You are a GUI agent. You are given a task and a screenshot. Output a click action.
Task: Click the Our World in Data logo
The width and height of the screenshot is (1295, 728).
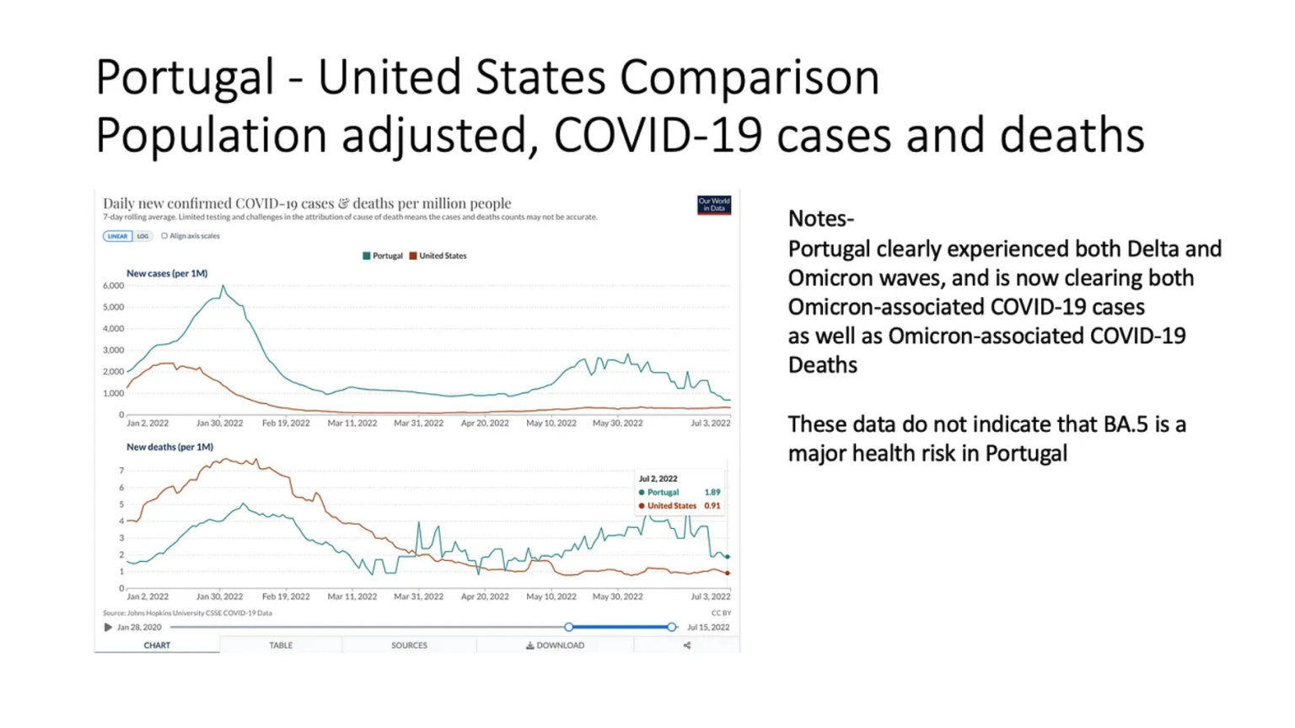click(x=713, y=205)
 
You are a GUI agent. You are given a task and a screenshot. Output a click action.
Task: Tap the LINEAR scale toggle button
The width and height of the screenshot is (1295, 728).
click(x=117, y=236)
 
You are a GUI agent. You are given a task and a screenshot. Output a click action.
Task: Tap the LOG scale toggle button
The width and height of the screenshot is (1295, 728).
click(x=142, y=236)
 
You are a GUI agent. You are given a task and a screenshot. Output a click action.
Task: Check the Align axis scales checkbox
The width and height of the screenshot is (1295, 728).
click(x=164, y=236)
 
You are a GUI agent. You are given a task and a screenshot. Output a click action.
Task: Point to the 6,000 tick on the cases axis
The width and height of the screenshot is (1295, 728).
click(x=113, y=286)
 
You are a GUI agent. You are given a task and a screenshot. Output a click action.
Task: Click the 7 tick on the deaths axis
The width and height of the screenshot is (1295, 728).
click(x=121, y=471)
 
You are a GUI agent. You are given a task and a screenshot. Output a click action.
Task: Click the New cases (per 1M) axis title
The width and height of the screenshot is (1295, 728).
click(x=167, y=273)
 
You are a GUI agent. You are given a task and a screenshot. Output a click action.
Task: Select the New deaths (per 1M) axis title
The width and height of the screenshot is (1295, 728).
click(x=169, y=447)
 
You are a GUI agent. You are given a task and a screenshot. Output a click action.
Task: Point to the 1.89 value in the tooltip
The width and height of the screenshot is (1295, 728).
click(x=712, y=492)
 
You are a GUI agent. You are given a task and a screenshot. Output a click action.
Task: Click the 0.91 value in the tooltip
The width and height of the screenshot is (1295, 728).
click(x=712, y=506)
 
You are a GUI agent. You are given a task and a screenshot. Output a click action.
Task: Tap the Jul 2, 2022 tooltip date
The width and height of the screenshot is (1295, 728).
click(x=658, y=478)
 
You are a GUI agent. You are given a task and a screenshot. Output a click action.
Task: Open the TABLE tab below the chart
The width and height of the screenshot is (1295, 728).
click(x=281, y=645)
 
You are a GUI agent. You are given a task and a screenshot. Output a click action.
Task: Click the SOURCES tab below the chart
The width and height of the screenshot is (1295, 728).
click(x=409, y=645)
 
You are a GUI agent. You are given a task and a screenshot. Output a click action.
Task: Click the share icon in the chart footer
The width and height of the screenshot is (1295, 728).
click(x=686, y=645)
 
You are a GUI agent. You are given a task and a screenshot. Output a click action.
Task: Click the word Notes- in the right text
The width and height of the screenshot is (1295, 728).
click(x=820, y=218)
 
